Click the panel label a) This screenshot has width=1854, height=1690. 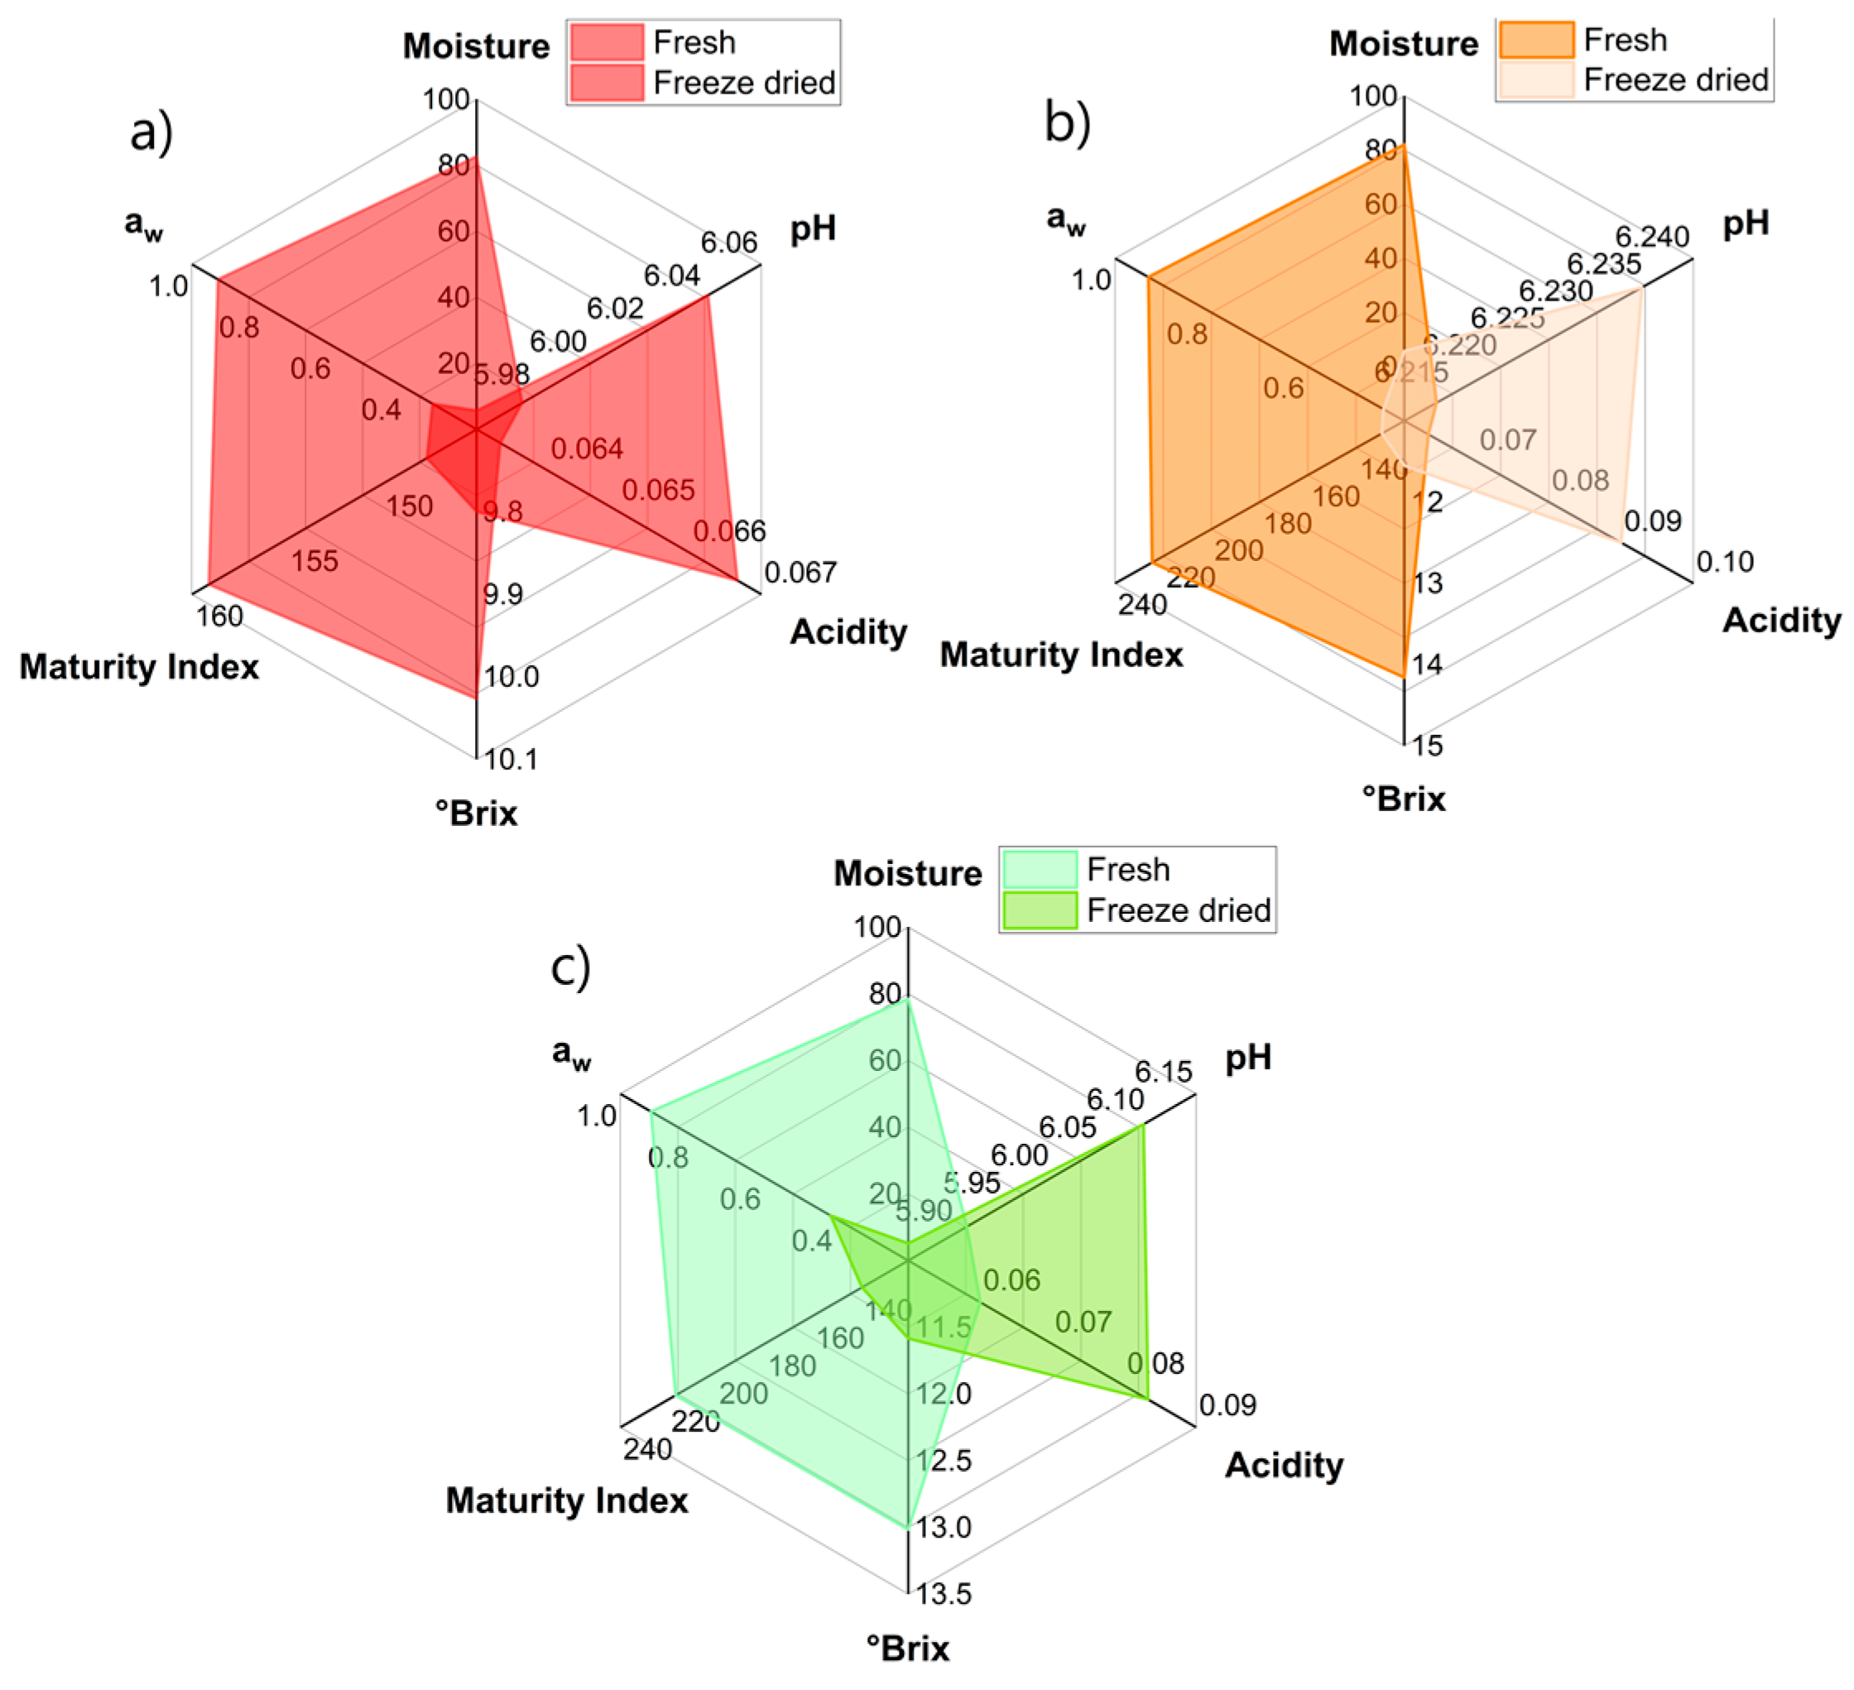pos(151,132)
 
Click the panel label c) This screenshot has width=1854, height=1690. pos(570,967)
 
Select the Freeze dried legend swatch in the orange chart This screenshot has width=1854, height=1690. pos(1536,80)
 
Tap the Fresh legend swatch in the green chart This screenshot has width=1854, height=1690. pos(1040,869)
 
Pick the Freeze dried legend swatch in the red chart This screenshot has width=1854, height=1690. pos(606,83)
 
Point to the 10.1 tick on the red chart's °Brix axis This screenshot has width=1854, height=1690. pos(512,760)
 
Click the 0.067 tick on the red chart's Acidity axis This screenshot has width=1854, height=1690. pos(800,573)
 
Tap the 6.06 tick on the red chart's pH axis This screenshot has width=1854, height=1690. pos(728,242)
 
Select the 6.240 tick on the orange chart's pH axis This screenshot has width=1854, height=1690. pos(1653,238)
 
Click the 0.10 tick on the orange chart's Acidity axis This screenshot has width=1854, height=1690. pos(1724,561)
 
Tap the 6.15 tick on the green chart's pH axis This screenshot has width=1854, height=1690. pos(1164,1071)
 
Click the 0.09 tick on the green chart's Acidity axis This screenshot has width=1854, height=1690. pos(1227,1405)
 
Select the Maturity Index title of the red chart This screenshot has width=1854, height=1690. pos(139,666)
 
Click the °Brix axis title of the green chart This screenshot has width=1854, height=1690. pos(908,1649)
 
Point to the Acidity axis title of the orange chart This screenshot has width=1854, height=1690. pos(1781,620)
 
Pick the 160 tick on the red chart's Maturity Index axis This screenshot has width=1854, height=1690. pos(220,616)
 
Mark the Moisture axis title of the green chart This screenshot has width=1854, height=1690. pos(908,873)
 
